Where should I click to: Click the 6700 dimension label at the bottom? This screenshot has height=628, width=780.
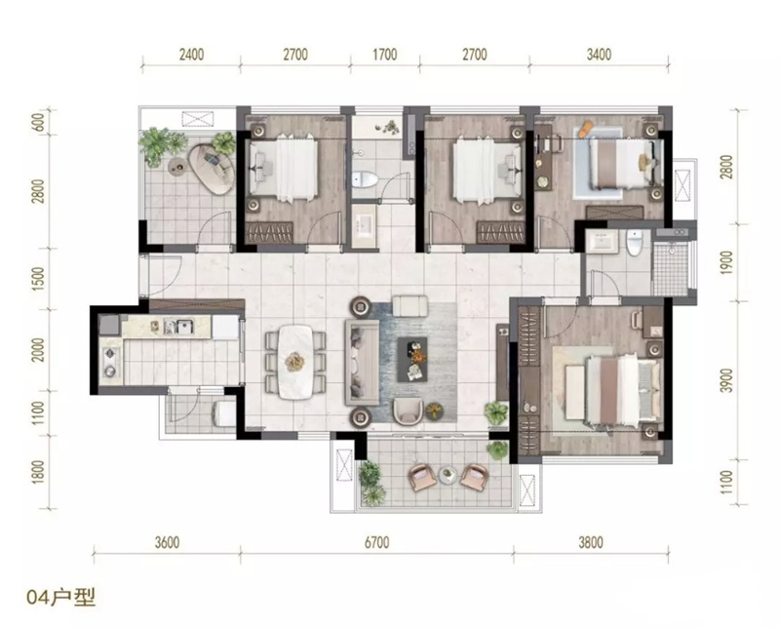(x=376, y=542)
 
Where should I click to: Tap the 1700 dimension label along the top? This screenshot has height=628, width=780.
(x=384, y=54)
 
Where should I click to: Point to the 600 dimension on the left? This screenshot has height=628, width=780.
(x=40, y=123)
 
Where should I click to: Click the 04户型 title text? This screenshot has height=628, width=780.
(x=61, y=597)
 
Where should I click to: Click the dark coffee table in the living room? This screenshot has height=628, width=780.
(x=412, y=359)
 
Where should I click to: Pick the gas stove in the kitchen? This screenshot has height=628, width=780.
(x=110, y=362)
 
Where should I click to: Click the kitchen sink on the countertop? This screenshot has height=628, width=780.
(x=183, y=327)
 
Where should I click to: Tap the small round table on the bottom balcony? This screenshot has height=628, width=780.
(x=448, y=474)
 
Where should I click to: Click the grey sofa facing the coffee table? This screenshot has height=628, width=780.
(x=362, y=360)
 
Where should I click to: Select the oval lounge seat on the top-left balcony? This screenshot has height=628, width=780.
(x=212, y=170)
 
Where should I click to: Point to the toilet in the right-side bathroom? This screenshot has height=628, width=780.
(x=634, y=244)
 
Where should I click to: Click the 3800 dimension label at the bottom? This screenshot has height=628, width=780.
(x=591, y=542)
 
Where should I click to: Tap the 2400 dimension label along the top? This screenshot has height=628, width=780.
(x=191, y=54)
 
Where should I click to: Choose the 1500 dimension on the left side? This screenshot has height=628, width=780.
(x=40, y=279)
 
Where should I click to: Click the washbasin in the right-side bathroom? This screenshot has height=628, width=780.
(x=604, y=243)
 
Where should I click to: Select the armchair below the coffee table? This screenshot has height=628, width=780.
(x=408, y=412)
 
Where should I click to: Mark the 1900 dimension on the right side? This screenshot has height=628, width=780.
(x=726, y=262)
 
